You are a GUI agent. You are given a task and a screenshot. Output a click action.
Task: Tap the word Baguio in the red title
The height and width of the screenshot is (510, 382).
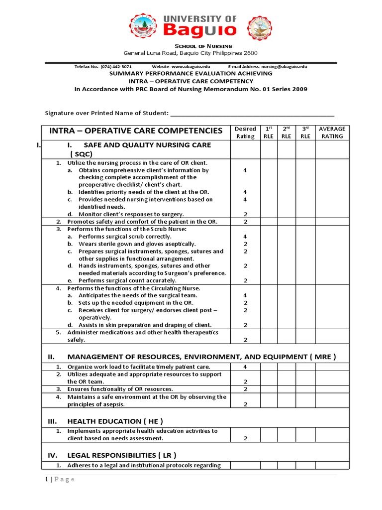pos(200,30)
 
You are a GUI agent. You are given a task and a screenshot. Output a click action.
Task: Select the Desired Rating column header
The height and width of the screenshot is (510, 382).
pos(245,132)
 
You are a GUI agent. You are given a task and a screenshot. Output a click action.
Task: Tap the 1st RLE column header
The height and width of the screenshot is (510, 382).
pos(269,132)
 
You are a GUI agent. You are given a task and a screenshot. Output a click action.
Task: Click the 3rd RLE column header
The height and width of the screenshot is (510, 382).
pos(305,132)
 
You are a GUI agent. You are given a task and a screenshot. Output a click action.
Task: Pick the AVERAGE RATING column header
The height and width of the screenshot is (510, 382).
pos(332,132)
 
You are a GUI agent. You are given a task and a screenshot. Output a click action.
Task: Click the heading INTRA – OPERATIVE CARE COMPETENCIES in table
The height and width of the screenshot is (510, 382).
pos(136,131)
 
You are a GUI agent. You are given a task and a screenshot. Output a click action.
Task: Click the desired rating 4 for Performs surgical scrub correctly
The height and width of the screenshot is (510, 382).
pos(245,237)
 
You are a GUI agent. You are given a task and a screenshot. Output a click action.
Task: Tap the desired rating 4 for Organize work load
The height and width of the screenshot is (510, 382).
pos(245,367)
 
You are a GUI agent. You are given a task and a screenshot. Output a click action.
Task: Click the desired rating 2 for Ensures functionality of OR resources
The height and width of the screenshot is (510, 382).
pos(245,389)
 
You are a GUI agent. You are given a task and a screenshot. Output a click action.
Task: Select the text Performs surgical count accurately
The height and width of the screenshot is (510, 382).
pos(127,280)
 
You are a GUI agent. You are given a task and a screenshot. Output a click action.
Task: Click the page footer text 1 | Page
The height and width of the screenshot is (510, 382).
pos(59,479)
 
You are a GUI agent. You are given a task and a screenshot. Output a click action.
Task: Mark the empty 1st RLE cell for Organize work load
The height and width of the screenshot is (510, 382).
pos(269,367)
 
